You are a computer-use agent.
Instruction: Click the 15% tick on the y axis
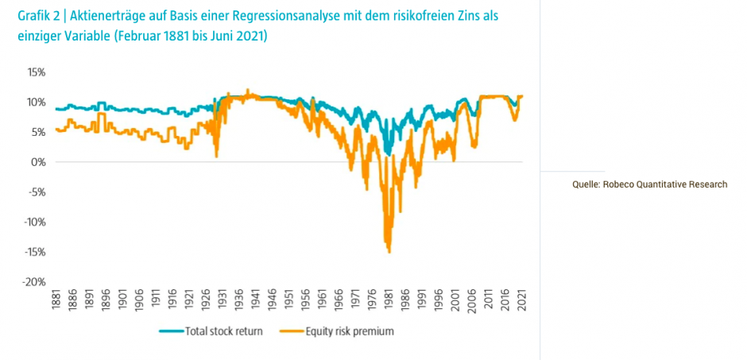coord(36,72)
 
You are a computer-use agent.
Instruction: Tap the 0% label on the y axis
coord(38,162)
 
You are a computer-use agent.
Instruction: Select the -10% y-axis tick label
coord(34,222)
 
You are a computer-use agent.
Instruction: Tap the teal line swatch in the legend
coord(171,331)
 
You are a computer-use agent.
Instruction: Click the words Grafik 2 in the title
coord(38,16)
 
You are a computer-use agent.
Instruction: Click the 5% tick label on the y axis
coord(38,132)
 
